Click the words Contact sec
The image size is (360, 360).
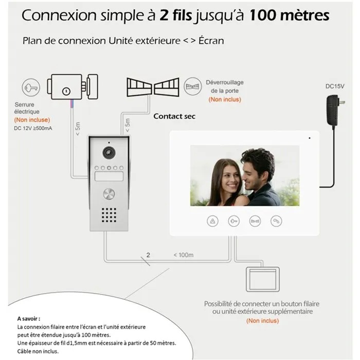(x=174, y=116)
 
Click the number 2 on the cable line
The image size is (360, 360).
(x=148, y=255)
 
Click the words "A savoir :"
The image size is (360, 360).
(x=28, y=318)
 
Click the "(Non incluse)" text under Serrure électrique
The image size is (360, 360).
(x=28, y=119)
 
